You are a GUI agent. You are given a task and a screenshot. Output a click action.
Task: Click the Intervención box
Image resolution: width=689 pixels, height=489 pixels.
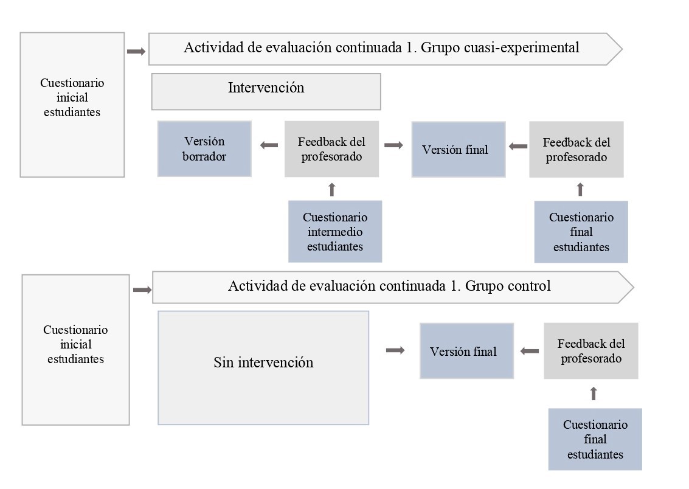tap(266, 91)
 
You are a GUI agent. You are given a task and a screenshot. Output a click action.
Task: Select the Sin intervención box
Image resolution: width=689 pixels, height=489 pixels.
tap(263, 367)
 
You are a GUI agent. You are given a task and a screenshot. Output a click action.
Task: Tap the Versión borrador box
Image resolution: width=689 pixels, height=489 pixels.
tap(204, 149)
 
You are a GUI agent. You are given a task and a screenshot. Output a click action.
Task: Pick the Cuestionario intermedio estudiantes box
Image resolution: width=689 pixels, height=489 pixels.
tap(335, 232)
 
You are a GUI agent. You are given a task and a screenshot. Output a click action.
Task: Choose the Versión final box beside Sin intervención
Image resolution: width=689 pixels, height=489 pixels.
tap(466, 351)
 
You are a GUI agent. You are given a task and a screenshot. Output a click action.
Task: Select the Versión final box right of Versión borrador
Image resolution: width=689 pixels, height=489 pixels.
tap(458, 149)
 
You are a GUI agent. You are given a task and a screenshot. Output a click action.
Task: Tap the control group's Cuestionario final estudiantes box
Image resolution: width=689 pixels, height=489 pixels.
tap(595, 439)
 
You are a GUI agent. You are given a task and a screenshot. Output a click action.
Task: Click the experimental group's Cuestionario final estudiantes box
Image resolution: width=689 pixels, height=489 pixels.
tap(581, 232)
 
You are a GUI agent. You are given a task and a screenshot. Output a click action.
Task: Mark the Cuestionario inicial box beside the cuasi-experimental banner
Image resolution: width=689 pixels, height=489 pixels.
tap(72, 105)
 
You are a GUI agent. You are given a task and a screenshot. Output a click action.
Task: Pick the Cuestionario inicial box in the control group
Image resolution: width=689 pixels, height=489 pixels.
tap(75, 349)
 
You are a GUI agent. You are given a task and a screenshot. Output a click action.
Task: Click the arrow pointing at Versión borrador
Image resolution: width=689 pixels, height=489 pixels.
tap(269, 145)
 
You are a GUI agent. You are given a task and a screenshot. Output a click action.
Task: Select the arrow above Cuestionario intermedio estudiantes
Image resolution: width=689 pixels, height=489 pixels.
tap(331, 189)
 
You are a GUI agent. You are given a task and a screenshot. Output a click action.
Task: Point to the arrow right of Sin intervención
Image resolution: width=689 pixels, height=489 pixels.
tap(395, 350)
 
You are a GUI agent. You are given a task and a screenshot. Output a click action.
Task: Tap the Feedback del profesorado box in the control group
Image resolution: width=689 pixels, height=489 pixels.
tap(590, 351)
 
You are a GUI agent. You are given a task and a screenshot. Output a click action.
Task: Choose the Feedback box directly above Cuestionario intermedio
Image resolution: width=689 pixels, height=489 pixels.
tap(331, 149)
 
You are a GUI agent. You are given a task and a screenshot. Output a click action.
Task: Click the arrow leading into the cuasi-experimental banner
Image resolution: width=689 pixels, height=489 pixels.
tap(136, 52)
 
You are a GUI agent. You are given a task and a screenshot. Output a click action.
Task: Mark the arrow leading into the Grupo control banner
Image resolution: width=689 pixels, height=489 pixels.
tap(142, 290)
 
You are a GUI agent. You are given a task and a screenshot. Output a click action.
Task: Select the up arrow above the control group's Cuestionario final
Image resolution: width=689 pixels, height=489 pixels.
tap(594, 394)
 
